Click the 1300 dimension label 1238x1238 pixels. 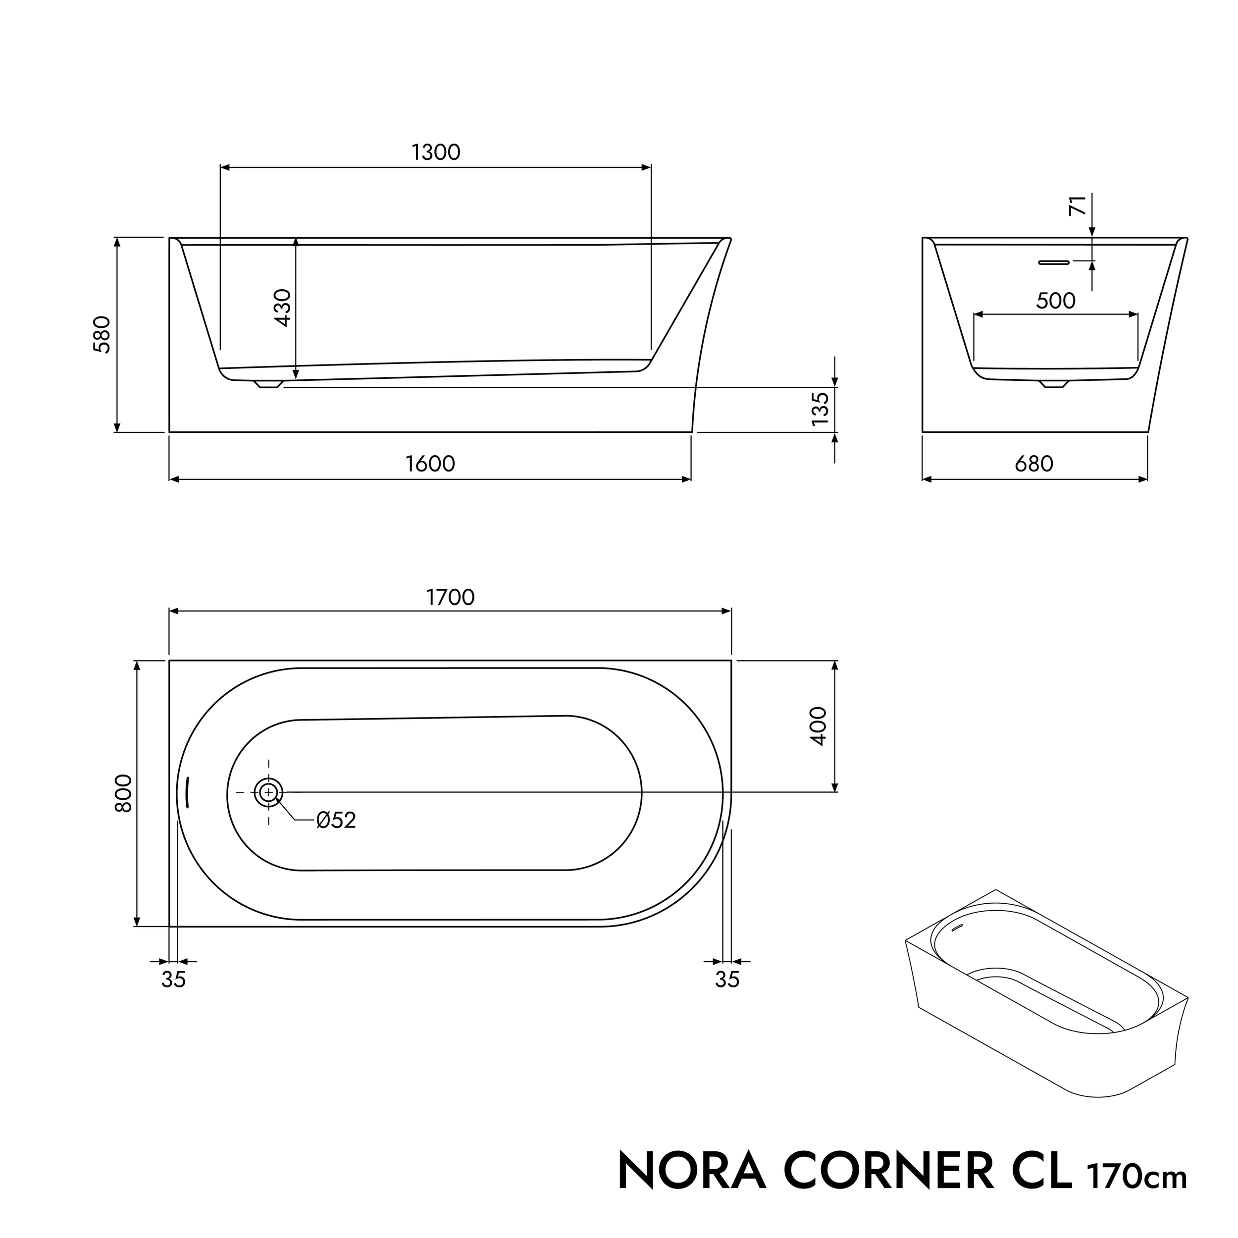pos(436,153)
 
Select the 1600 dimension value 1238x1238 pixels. pos(430,464)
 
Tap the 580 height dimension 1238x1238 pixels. pos(103,334)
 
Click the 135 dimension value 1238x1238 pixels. pos(820,409)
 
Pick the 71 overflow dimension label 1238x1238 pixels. pos(1079,206)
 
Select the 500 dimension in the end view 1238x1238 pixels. pos(1055,301)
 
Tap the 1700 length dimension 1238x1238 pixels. pos(451,597)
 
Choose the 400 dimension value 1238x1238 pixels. pos(819,725)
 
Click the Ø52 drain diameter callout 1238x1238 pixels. pos(336,820)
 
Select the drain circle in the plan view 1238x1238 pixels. pos(268,793)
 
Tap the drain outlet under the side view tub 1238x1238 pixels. pos(268,384)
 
